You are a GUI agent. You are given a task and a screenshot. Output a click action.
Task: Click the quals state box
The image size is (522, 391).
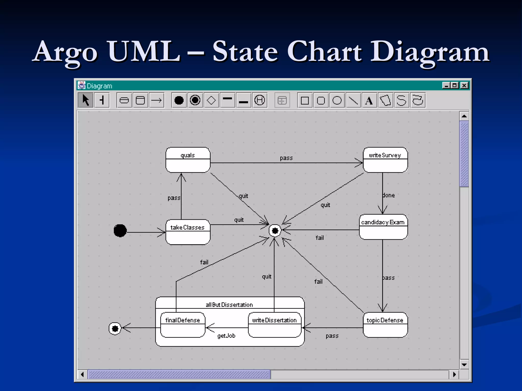[x=188, y=160]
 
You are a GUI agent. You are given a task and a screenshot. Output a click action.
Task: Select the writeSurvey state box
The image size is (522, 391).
[x=385, y=160]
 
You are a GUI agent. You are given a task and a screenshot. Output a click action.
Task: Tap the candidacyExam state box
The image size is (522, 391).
[x=383, y=227]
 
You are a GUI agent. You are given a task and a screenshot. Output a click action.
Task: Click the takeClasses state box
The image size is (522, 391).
[x=188, y=232]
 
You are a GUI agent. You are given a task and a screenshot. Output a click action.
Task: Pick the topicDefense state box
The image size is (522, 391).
[x=385, y=325]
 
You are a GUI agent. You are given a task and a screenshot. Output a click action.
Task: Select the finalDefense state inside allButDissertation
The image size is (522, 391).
[x=182, y=325]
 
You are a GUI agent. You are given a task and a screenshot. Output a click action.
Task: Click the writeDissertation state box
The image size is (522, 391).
[x=275, y=325]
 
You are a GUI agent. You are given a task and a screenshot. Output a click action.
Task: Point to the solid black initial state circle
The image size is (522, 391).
[x=120, y=231]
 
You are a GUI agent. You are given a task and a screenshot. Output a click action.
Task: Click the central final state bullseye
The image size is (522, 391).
[x=275, y=231]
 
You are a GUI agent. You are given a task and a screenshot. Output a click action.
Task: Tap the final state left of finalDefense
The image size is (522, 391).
[x=115, y=329]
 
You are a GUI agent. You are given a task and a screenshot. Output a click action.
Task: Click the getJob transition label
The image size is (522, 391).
[x=226, y=336]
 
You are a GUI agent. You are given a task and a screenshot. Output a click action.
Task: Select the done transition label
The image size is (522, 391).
[x=389, y=195]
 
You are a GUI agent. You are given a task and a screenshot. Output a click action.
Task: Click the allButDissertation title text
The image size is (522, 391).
[x=229, y=305]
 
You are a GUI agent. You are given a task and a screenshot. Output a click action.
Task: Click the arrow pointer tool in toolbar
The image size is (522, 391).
[x=86, y=100]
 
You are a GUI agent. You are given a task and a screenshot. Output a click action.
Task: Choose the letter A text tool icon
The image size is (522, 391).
[x=369, y=101]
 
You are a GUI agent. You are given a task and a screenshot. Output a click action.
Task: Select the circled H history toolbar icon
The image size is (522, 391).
[x=260, y=100]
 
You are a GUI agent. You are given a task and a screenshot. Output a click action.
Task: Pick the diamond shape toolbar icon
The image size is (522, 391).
[x=211, y=100]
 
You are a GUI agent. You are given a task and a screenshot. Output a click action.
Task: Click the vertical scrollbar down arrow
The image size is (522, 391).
[x=464, y=365]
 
